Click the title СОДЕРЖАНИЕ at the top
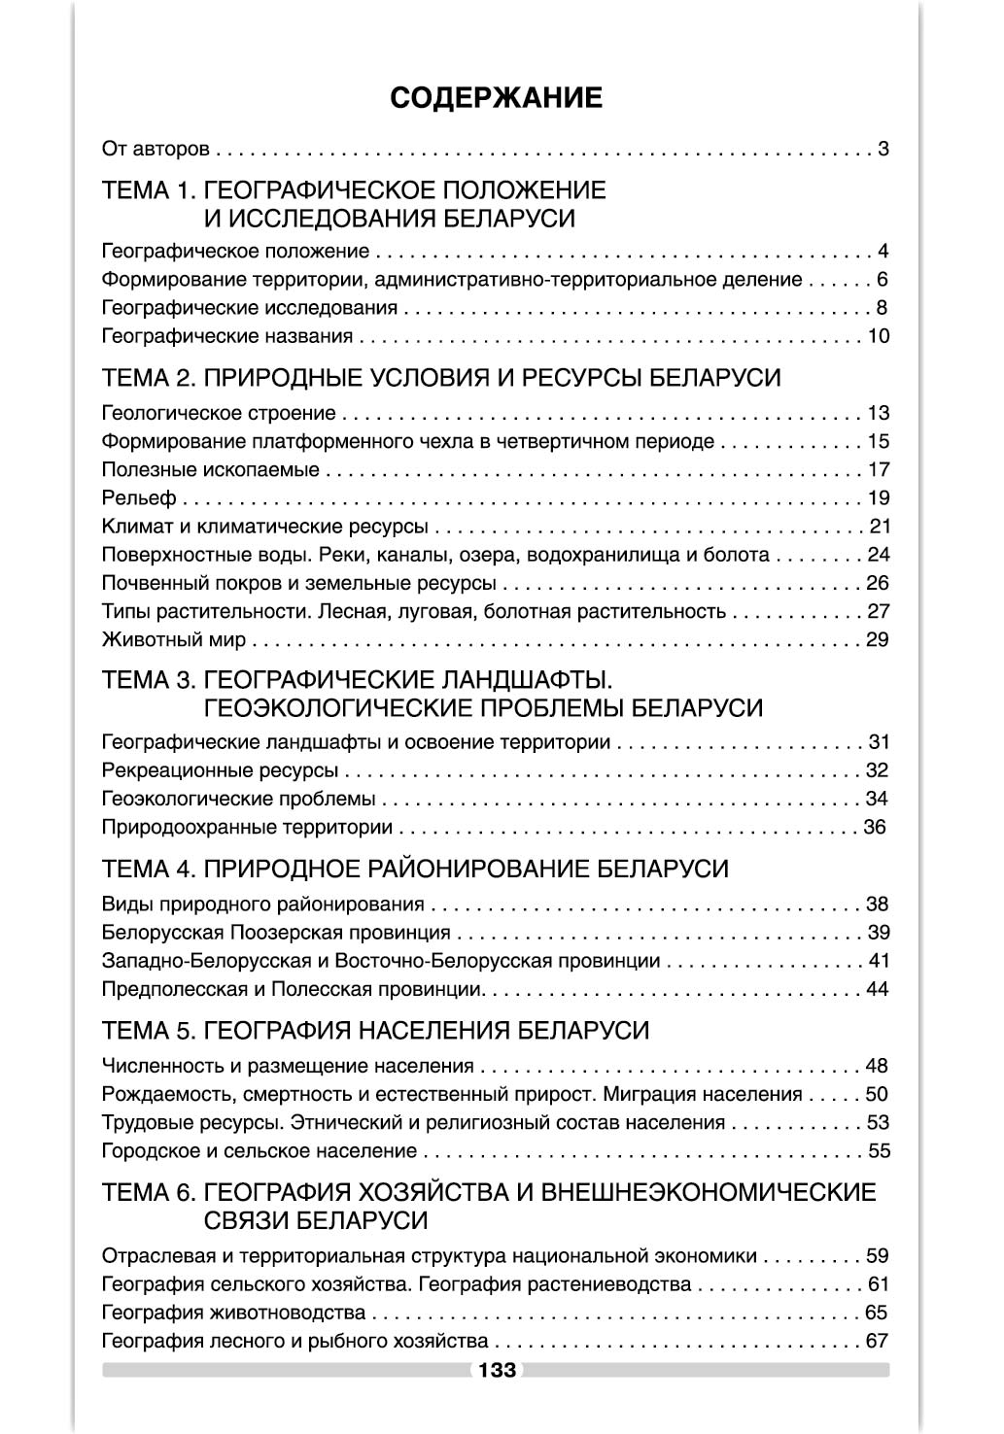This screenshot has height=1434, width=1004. [x=496, y=98]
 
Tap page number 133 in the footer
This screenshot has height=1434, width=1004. [x=496, y=1371]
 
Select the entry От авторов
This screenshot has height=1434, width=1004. [x=156, y=150]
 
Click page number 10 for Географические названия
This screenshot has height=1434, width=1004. [x=878, y=337]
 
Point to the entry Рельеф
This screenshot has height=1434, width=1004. [x=139, y=498]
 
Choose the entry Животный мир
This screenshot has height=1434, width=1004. [x=174, y=640]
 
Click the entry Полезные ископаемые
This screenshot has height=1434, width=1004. [x=210, y=470]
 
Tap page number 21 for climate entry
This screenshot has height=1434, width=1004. [x=879, y=527]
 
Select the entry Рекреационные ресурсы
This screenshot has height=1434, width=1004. [x=220, y=771]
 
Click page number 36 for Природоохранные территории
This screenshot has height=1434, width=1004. [x=875, y=828]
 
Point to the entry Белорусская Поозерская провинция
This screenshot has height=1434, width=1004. [x=276, y=933]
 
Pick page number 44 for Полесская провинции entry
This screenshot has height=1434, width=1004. [x=878, y=990]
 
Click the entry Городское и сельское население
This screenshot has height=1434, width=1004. [x=259, y=1151]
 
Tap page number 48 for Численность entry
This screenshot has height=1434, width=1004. [x=878, y=1066]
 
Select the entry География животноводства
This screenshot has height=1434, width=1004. [x=233, y=1314]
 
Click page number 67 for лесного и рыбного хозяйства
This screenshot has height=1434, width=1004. [x=878, y=1342]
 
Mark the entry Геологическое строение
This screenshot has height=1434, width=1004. [x=219, y=414]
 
